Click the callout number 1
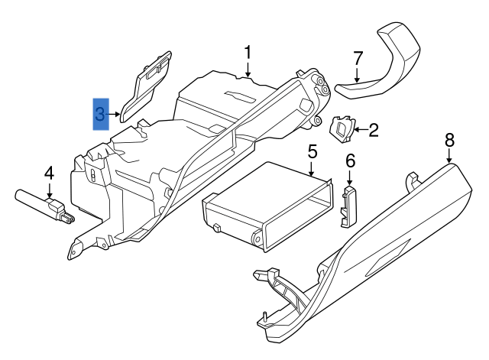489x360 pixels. [x=248, y=52]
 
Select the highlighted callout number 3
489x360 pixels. [x=101, y=115]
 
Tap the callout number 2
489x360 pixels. [x=374, y=131]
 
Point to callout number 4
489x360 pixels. [x=49, y=173]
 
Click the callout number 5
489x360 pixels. [x=313, y=151]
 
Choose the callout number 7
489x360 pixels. [x=357, y=58]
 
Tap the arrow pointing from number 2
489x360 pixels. [x=359, y=131]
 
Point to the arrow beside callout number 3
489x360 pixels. [x=115, y=115]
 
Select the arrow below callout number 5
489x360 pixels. [x=313, y=170]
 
